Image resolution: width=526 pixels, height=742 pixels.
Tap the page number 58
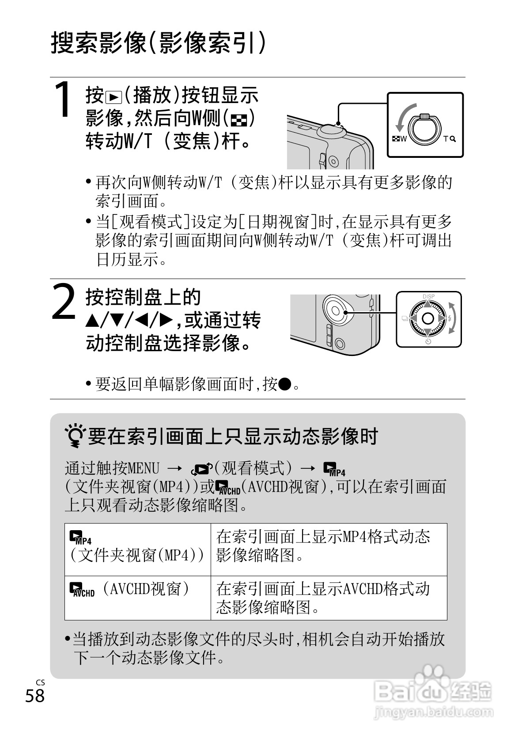[35, 696]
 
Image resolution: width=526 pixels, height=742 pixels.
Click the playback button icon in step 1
[114, 97]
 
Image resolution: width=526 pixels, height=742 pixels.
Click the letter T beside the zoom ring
[446, 138]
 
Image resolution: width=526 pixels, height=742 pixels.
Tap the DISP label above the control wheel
[428, 296]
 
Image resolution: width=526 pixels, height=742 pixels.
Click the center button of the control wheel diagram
[428, 318]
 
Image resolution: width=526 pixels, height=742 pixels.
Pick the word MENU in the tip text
[143, 468]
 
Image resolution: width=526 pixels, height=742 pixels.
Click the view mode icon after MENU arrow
[201, 468]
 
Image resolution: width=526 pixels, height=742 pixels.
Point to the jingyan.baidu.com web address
[433, 711]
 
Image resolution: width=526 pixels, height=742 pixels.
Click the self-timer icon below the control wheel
[428, 341]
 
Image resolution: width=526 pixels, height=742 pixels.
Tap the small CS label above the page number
[40, 682]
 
